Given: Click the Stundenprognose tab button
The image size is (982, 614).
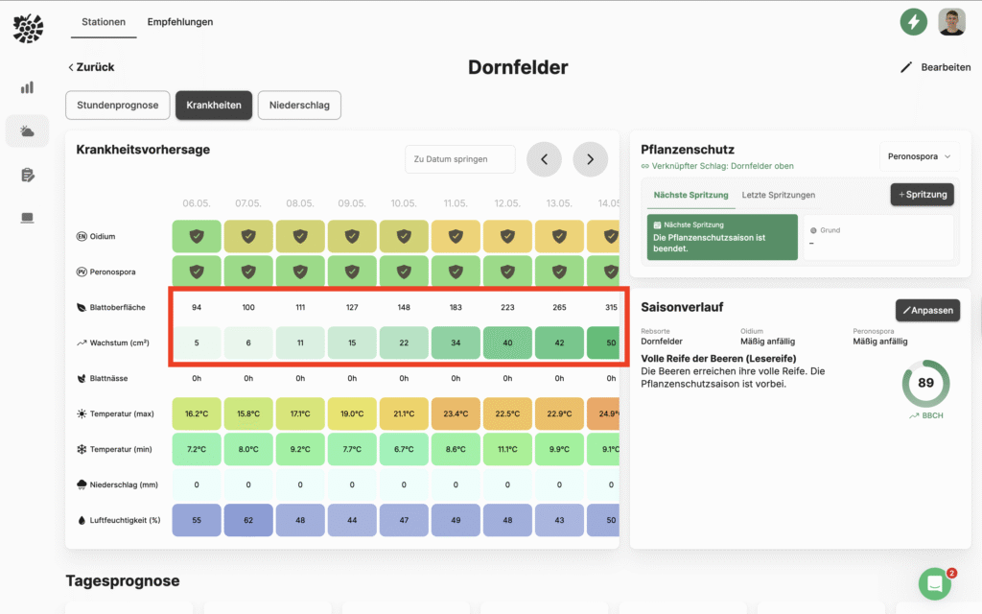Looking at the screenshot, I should point(118,105).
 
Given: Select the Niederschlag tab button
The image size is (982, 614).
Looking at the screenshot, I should point(299,105).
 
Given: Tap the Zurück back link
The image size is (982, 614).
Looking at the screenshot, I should point(91,67).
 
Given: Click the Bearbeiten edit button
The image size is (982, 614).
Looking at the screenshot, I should point(935,67).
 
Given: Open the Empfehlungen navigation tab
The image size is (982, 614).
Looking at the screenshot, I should point(180,22).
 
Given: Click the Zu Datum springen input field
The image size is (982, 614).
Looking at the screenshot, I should point(460,159).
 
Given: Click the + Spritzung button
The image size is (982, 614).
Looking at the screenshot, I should point(923,194).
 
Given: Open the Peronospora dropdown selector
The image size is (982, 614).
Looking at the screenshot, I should point(918,155).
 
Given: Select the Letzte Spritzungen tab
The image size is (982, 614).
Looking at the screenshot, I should point(779,195).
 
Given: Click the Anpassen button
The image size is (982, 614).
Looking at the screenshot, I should point(927,310).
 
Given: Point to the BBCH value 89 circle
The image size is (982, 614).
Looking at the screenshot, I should point(925,383).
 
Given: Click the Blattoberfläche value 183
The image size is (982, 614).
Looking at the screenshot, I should point(456,307).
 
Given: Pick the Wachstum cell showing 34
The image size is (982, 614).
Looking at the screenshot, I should point(456,343).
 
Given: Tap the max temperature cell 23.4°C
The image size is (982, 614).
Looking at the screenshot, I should point(456,414).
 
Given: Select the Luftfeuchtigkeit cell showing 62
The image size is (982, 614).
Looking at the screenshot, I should point(248,519).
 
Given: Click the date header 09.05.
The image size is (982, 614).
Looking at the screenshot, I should point(352,203).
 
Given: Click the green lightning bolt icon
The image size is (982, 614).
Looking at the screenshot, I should point(913,21).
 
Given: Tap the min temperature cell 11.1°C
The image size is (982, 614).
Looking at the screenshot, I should point(507,449).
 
